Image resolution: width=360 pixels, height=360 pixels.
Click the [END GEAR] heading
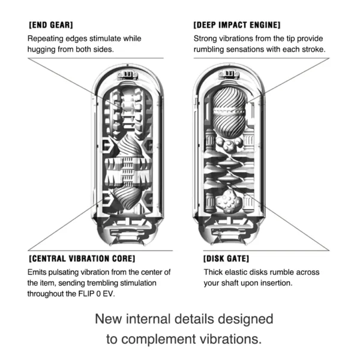[51, 25]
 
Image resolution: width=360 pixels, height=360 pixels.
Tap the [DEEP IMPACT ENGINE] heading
[237, 25]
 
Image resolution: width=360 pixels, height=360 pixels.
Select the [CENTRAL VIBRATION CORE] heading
[82, 259]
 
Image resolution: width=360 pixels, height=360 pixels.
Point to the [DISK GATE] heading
[226, 259]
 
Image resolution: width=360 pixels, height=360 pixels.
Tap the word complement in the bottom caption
[159, 340]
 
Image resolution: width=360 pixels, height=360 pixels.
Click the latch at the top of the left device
[128, 75]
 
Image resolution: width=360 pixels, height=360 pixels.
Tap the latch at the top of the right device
[229, 74]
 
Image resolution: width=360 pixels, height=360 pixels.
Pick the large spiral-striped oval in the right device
[229, 113]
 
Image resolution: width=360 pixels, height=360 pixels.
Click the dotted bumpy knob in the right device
[229, 201]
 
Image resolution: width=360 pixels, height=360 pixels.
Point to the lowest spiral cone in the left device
[126, 198]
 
